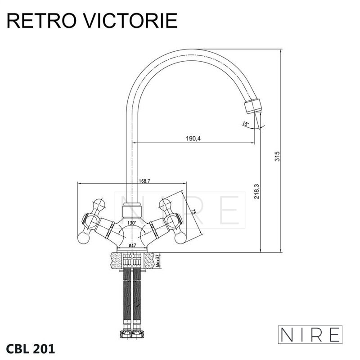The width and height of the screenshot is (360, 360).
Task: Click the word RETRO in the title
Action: [41, 21]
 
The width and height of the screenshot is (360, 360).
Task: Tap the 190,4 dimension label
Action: [193, 139]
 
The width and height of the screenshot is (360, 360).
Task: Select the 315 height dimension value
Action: [277, 156]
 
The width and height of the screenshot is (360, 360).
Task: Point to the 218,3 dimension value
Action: [256, 191]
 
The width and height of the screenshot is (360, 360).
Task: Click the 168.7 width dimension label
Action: [144, 181]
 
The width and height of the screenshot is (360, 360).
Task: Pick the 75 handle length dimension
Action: [193, 212]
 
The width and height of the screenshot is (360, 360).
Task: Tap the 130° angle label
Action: [132, 222]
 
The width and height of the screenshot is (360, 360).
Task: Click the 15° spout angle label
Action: [245, 124]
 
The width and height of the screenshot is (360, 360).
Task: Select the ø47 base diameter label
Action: [132, 245]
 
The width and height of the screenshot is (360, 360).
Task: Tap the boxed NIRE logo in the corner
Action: [310, 334]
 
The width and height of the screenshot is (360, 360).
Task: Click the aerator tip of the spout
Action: [252, 106]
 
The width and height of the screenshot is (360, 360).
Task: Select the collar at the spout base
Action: [132, 210]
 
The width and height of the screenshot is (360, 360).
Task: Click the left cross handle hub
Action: [91, 220]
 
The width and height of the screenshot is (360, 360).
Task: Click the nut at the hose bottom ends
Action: [132, 334]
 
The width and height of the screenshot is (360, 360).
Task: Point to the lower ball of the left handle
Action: [83, 238]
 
